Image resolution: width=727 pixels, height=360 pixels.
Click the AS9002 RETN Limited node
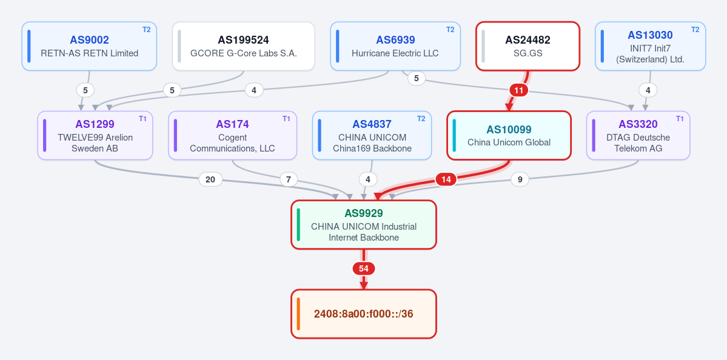(x=89, y=46)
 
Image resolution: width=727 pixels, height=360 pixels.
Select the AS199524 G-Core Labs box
(x=243, y=46)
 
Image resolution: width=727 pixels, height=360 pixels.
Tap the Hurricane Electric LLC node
(x=395, y=46)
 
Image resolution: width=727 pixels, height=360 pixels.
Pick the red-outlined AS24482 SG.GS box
(x=528, y=46)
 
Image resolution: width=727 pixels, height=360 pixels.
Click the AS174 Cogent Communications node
(x=232, y=135)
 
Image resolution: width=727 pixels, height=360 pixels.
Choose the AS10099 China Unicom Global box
(x=509, y=135)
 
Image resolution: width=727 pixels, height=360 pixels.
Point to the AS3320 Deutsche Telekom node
(x=638, y=135)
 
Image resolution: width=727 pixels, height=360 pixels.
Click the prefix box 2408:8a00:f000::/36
(x=364, y=314)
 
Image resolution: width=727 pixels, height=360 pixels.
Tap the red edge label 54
(x=364, y=268)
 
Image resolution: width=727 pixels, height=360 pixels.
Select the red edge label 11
(x=519, y=90)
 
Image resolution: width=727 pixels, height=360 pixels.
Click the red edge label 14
(x=446, y=179)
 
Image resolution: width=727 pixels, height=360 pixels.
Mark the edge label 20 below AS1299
(x=210, y=179)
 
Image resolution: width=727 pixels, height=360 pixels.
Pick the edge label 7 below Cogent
(x=289, y=179)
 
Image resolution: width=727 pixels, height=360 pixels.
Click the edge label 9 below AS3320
(x=520, y=179)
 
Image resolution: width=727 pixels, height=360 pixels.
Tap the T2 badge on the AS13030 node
(x=695, y=30)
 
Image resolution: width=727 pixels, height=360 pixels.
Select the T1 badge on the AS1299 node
(x=143, y=119)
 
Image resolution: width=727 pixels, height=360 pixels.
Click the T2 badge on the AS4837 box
(x=421, y=119)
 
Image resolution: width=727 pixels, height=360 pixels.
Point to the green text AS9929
(x=364, y=213)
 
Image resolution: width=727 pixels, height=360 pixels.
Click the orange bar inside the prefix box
(x=298, y=314)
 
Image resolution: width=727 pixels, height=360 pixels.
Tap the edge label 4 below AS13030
(x=648, y=90)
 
